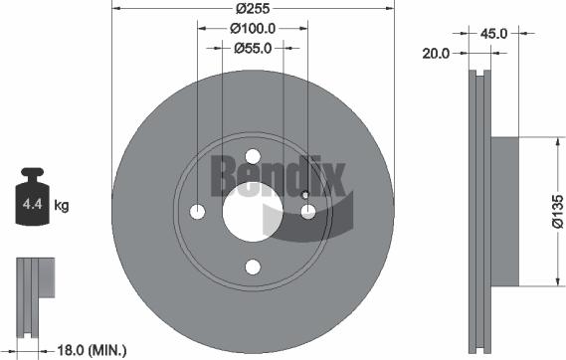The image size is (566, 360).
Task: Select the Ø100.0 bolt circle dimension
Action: (x=253, y=30)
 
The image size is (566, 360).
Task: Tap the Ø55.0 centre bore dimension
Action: (x=253, y=48)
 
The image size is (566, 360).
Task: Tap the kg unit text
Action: (x=61, y=207)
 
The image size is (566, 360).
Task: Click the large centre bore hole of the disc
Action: (x=253, y=211)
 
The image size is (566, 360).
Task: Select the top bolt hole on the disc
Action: (x=253, y=156)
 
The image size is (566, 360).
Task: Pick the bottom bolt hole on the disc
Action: (x=253, y=266)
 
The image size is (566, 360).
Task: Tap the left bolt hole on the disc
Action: (x=198, y=211)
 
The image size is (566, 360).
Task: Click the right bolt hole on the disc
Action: (x=308, y=211)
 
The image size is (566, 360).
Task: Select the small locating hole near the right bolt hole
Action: (x=304, y=195)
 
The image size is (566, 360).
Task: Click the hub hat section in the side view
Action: (x=504, y=211)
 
